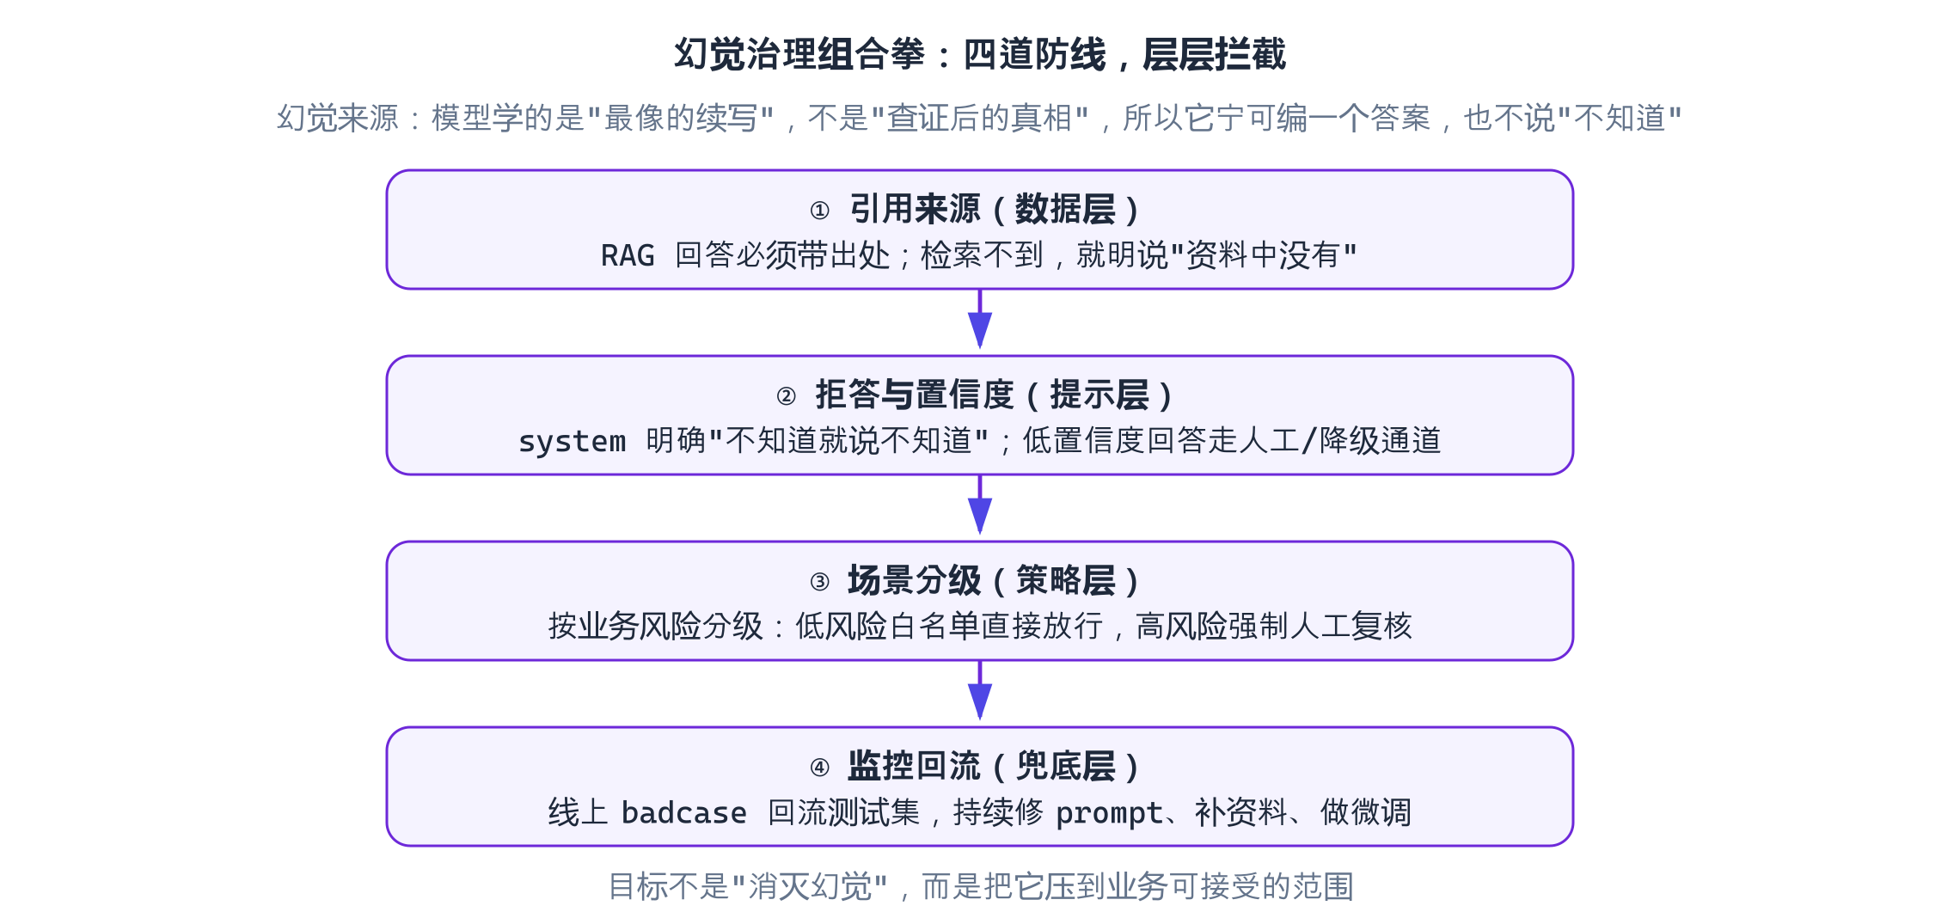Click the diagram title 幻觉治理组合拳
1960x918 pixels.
[799, 54]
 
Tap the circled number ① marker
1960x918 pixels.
[820, 211]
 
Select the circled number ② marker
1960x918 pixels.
[786, 396]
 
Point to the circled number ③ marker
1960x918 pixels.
[820, 582]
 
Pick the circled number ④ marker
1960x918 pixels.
[820, 768]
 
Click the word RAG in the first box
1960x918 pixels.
[628, 255]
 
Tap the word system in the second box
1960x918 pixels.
[573, 441]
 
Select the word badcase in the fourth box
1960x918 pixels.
[684, 812]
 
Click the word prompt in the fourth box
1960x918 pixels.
[1110, 813]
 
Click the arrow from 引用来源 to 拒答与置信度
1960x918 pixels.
[980, 319]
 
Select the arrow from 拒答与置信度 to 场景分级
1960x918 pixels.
[980, 505]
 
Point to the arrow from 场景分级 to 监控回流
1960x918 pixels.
[980, 690]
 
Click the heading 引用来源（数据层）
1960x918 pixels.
[995, 210]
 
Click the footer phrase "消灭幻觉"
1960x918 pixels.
[810, 886]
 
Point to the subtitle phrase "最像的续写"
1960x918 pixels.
[681, 118]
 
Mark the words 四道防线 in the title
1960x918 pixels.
[1035, 54]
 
